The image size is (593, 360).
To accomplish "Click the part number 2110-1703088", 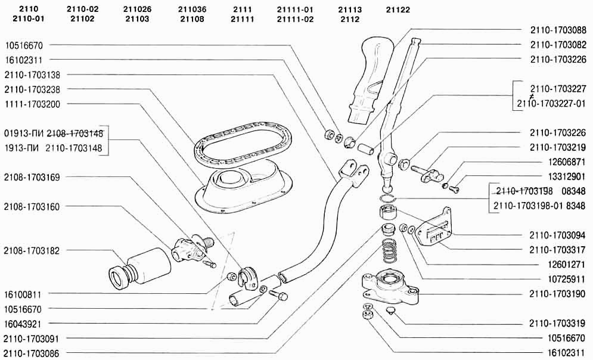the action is click(558, 30).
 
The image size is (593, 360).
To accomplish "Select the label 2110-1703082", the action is click(558, 45).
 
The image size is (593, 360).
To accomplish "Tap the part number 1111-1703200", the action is click(32, 104).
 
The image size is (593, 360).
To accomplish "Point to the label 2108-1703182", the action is click(32, 251).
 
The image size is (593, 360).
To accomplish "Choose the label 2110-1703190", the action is click(557, 294).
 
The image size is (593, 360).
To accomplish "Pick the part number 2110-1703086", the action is click(32, 353).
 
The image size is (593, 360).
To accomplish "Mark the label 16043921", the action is click(23, 324).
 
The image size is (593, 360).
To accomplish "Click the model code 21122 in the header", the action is click(398, 10).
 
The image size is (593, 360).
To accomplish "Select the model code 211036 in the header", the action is click(192, 10).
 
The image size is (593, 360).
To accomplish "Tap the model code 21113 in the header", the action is click(350, 10).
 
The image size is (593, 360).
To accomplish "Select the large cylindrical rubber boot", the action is click(140, 269).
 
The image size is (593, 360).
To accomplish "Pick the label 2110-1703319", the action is click(557, 324).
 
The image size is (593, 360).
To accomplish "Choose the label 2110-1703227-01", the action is click(551, 104).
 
